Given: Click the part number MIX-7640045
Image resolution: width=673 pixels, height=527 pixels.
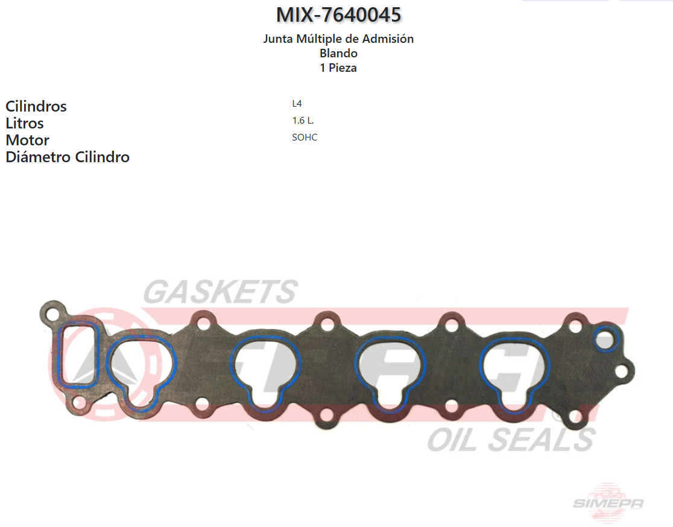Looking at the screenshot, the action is [339, 14].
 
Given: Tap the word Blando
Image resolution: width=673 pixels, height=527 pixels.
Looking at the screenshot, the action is [339, 53].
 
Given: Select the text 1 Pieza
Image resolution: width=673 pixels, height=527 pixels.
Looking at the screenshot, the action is [338, 68].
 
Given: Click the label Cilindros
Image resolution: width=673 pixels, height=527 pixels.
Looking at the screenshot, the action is [36, 106].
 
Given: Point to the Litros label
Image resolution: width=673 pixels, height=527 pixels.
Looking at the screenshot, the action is [25, 123].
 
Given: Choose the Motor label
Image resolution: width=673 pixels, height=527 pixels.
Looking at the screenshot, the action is [28, 140].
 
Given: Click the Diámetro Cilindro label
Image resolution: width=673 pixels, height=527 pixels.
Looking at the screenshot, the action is [68, 157].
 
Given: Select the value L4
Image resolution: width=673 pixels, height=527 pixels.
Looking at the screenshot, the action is [297, 104].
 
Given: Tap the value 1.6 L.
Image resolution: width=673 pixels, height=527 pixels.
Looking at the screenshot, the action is [303, 121].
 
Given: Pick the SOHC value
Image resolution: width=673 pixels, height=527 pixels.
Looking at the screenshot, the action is [305, 137].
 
